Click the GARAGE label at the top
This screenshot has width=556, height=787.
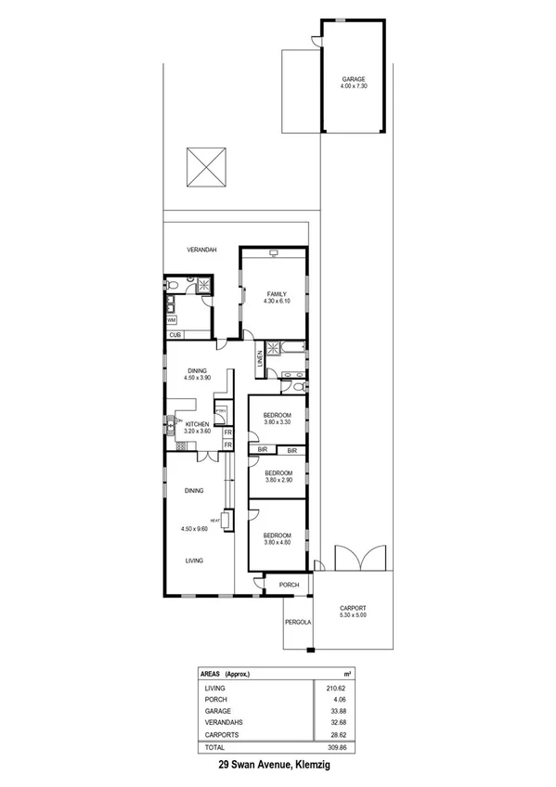pyautogui.click(x=352, y=79)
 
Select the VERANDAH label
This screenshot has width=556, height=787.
pyautogui.click(x=201, y=251)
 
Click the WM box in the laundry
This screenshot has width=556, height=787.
pyautogui.click(x=172, y=320)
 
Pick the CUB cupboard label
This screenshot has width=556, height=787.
pyautogui.click(x=174, y=335)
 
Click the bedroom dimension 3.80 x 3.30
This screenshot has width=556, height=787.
pyautogui.click(x=278, y=423)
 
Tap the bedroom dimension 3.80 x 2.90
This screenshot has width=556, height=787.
pyautogui.click(x=278, y=481)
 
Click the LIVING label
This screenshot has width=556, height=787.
pyautogui.click(x=194, y=561)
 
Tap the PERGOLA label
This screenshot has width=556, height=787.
pyautogui.click(x=297, y=622)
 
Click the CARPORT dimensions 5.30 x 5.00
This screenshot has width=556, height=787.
pyautogui.click(x=353, y=613)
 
